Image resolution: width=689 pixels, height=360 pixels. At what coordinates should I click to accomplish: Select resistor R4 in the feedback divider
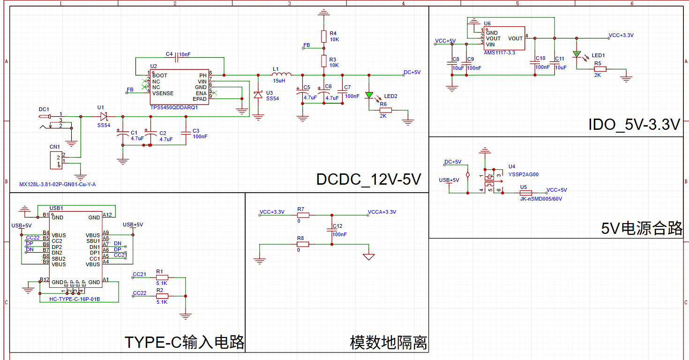(x=323, y=37)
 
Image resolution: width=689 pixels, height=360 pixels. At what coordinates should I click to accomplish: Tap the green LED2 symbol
(x=369, y=96)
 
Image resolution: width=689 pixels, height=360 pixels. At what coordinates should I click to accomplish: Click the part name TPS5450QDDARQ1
(x=174, y=107)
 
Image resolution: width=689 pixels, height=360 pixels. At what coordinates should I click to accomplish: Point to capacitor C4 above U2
(x=177, y=58)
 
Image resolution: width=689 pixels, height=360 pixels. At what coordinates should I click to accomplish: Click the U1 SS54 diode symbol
(x=104, y=116)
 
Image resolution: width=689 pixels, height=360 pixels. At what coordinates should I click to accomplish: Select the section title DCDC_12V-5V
(x=369, y=179)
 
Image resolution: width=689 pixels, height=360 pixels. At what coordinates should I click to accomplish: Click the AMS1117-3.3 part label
(x=500, y=52)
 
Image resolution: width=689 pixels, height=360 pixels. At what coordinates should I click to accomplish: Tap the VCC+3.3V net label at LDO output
(x=621, y=35)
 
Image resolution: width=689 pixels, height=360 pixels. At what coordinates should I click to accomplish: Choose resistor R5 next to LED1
(x=600, y=69)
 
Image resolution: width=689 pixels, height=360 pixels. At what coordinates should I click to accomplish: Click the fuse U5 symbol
(x=526, y=193)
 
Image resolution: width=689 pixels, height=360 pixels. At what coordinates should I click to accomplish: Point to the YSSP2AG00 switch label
(x=523, y=174)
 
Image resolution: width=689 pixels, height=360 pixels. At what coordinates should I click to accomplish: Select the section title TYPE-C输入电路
(x=184, y=342)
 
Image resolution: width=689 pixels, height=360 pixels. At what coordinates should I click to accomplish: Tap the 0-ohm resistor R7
(x=303, y=215)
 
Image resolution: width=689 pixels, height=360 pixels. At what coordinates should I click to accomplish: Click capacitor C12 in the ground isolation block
(x=331, y=230)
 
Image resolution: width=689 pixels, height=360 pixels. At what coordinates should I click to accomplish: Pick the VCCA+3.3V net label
(x=382, y=212)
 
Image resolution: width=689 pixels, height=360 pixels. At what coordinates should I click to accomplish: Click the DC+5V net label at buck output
(x=412, y=72)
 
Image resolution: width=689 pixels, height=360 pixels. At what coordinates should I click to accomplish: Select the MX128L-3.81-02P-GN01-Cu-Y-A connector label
(x=57, y=184)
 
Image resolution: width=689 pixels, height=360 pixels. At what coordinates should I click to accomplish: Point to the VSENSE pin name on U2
(x=163, y=93)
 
